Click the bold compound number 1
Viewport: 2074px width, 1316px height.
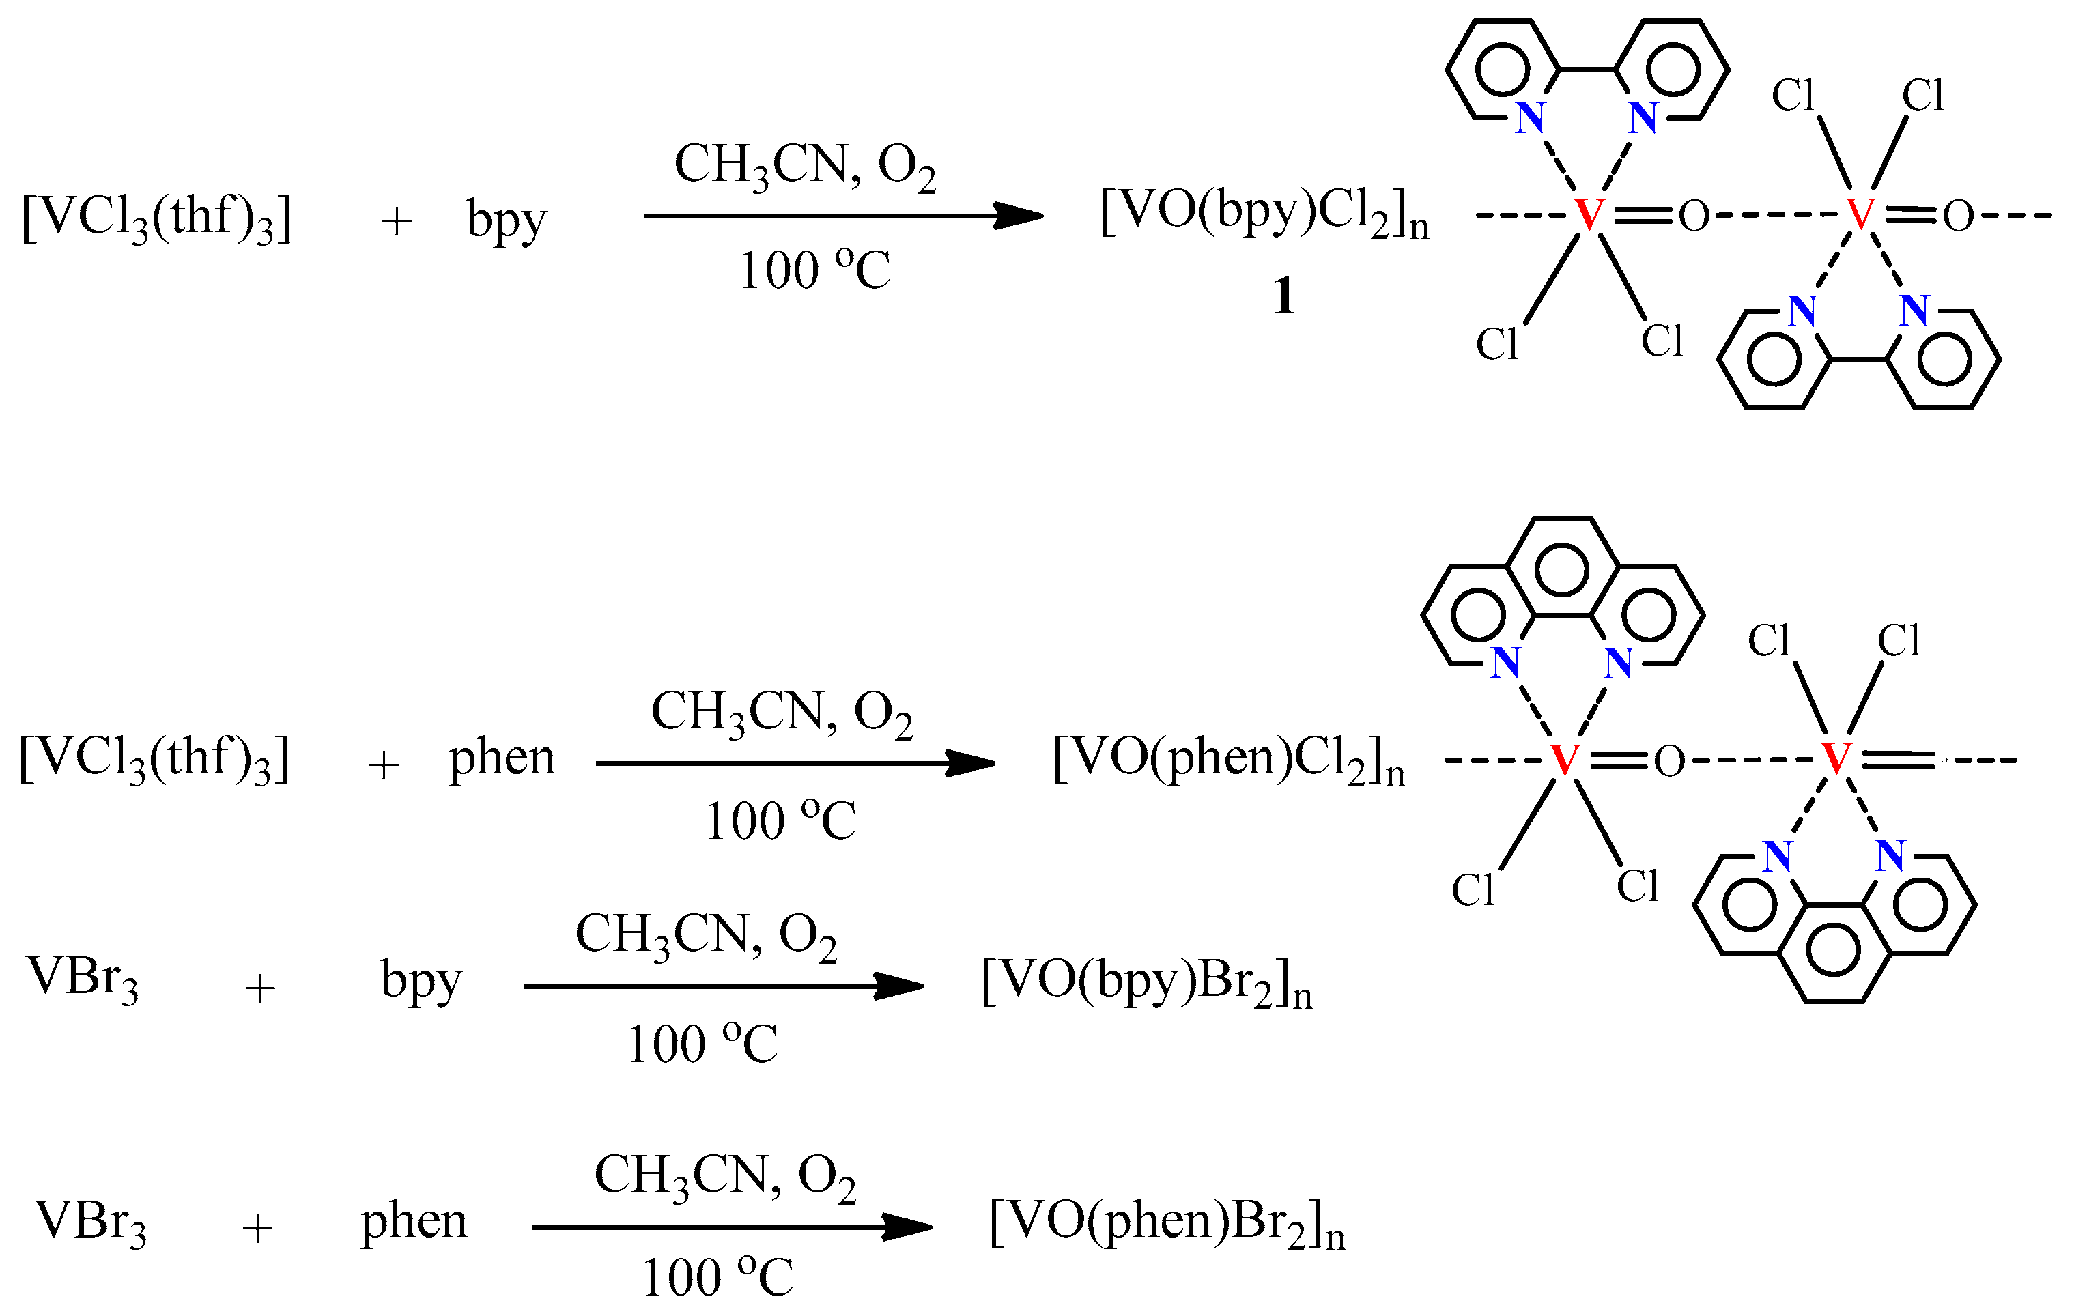pos(1283,296)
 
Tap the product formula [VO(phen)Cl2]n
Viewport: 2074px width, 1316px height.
pos(1228,760)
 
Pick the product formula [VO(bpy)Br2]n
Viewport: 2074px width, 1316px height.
pos(1146,983)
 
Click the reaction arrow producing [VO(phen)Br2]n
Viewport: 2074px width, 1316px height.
pos(732,1227)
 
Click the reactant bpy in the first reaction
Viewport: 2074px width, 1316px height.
pos(507,220)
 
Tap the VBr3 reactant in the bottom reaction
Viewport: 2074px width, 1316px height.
pos(90,1223)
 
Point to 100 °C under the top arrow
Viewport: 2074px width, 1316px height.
pos(814,270)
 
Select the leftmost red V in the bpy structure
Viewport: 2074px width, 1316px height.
pos(1589,215)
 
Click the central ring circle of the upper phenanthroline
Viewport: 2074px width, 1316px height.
pos(1561,570)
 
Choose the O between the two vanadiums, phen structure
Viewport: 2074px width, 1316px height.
pos(1669,761)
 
